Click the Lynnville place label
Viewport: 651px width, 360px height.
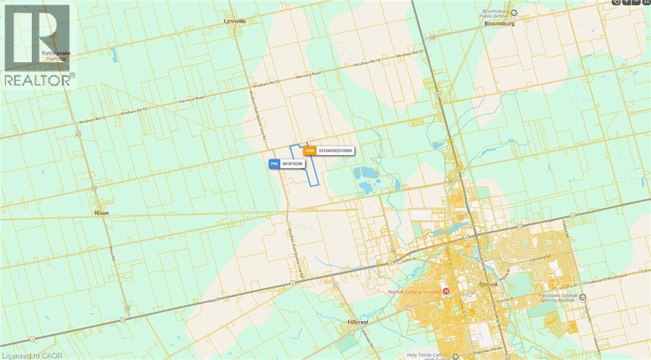point(235,21)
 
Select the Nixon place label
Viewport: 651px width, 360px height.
point(101,212)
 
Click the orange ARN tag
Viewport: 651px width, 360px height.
point(310,151)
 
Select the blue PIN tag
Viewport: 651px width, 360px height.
point(274,163)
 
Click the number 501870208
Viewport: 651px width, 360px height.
point(292,163)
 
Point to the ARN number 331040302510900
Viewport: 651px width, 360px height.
point(336,151)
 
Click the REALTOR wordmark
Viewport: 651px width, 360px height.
point(38,80)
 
